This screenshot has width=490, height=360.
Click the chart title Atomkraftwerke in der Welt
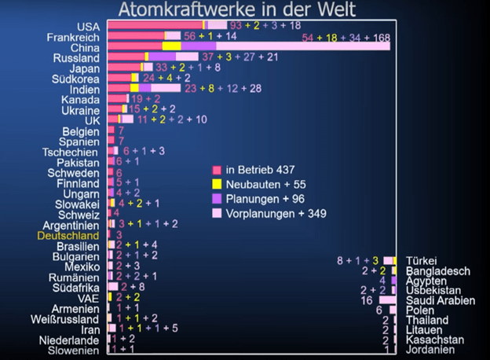(236, 9)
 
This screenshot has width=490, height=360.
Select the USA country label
(88, 27)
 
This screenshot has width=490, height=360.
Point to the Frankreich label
(73, 37)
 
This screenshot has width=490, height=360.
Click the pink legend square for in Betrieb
(217, 170)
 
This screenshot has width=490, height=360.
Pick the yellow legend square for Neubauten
(217, 184)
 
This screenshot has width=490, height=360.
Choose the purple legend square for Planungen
(217, 198)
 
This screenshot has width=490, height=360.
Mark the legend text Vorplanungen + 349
(276, 213)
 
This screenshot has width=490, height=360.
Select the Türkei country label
(421, 261)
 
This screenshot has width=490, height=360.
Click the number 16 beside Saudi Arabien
(366, 300)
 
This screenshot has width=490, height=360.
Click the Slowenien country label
(73, 351)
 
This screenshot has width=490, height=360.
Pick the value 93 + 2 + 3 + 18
(265, 27)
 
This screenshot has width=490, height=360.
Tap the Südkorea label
(76, 79)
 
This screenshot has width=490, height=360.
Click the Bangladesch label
(437, 271)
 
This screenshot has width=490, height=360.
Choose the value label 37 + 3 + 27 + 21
(239, 57)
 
